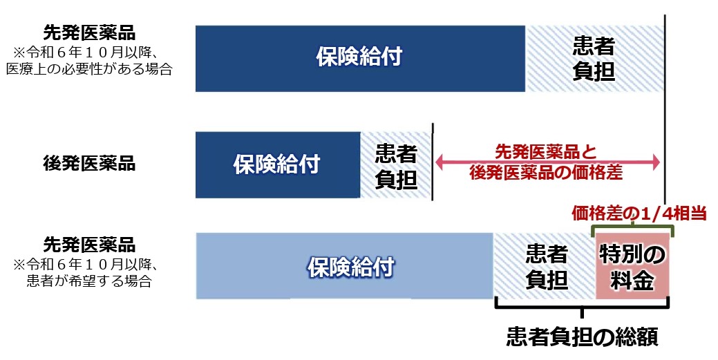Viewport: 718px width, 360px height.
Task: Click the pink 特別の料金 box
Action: (x=632, y=266)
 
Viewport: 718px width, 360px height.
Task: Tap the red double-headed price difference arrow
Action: (x=548, y=162)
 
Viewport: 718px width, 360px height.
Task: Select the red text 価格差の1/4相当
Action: (x=639, y=214)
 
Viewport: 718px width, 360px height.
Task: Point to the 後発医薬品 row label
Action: (x=89, y=164)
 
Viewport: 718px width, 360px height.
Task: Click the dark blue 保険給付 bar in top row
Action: (x=360, y=59)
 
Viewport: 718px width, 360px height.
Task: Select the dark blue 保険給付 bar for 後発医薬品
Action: (x=278, y=165)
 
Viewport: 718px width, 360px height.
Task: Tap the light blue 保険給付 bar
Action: (x=345, y=266)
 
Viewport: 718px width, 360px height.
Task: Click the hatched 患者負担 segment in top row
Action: (x=594, y=59)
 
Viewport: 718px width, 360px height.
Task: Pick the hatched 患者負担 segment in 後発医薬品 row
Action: (x=396, y=165)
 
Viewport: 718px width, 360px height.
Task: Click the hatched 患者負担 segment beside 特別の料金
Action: (x=545, y=266)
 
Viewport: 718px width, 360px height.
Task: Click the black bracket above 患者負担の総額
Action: (x=583, y=306)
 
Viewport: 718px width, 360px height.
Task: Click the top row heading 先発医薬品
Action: (x=89, y=33)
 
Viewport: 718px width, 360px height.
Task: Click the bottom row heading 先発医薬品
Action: (x=89, y=245)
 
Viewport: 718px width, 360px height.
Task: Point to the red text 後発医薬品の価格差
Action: (x=547, y=173)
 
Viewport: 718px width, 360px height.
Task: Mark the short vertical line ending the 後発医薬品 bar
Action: (x=433, y=162)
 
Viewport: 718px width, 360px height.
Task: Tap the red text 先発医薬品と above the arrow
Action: (x=546, y=151)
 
